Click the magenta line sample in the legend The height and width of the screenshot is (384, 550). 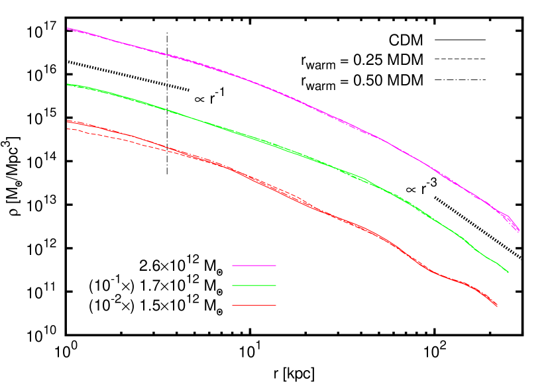pyautogui.click(x=254, y=265)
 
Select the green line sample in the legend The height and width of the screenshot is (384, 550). pyautogui.click(x=254, y=285)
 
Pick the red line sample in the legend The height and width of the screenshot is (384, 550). pyautogui.click(x=254, y=305)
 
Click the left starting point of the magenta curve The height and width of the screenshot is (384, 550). pyautogui.click(x=67, y=28)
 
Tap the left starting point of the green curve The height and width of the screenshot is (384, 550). pyautogui.click(x=67, y=84)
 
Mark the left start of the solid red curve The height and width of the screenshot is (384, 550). pyautogui.click(x=67, y=121)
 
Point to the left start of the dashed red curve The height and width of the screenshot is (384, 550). pyautogui.click(x=67, y=128)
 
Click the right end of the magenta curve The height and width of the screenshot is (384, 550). pyautogui.click(x=520, y=231)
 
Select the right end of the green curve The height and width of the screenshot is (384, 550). pyautogui.click(x=508, y=272)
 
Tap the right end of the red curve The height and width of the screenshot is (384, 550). pyautogui.click(x=498, y=306)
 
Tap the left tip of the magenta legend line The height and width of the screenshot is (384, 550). pyautogui.click(x=233, y=265)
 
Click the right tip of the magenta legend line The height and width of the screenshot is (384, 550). pyautogui.click(x=276, y=265)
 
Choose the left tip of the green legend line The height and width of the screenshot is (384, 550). pyautogui.click(x=233, y=285)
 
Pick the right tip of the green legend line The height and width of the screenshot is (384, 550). pyautogui.click(x=276, y=285)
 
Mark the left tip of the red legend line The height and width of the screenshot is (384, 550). pyautogui.click(x=233, y=305)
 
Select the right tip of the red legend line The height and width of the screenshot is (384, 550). pyautogui.click(x=276, y=305)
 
